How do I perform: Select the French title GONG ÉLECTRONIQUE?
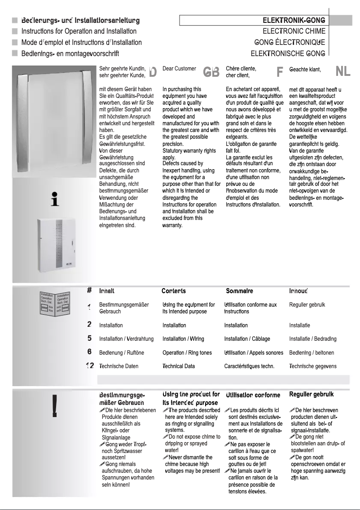tap(290, 43)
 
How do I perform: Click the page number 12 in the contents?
tap(90, 366)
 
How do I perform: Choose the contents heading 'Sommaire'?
tap(239, 291)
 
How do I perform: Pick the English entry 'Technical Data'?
tap(179, 366)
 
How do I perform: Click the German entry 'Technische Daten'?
tap(119, 366)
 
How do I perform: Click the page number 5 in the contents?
tap(90, 339)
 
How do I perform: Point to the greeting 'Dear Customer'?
tap(179, 69)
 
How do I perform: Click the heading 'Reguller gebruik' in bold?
tap(312, 395)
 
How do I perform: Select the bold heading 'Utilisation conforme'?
tap(253, 395)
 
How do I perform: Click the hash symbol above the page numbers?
tap(89, 290)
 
